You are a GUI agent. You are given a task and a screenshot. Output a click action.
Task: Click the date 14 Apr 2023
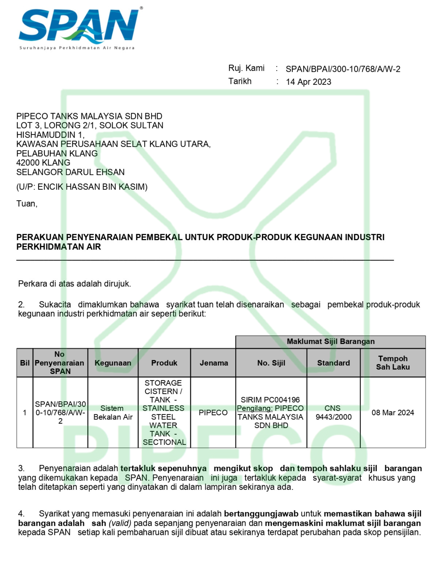point(308,82)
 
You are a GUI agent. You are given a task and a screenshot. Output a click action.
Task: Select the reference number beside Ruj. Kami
point(343,69)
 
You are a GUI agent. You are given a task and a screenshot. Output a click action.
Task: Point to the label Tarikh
point(240,81)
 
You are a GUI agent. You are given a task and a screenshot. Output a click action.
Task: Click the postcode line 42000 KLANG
point(43,163)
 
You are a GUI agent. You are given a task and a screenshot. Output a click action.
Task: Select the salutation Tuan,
point(27,204)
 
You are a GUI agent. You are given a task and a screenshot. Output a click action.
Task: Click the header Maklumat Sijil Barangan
point(330,341)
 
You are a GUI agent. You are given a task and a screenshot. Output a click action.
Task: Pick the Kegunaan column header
point(113,363)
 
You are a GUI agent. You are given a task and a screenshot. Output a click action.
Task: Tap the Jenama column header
point(214,363)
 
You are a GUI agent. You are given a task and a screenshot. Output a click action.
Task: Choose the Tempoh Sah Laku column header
point(393,363)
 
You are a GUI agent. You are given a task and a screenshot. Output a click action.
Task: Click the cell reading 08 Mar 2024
point(393,413)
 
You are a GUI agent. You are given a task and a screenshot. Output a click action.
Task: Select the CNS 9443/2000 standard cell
point(333,413)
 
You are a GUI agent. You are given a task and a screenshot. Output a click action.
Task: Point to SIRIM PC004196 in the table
point(270,400)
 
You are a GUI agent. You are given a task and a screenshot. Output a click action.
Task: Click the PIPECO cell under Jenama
point(213,413)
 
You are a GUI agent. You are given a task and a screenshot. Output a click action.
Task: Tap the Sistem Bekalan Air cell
point(113,413)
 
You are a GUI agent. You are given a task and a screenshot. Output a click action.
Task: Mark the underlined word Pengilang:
point(255,408)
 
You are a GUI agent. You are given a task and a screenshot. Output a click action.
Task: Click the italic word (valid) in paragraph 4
point(120,523)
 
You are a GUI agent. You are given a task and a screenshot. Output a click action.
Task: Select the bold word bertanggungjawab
point(261,514)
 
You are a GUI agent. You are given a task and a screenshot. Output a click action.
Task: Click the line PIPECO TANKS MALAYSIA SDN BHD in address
point(89,116)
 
